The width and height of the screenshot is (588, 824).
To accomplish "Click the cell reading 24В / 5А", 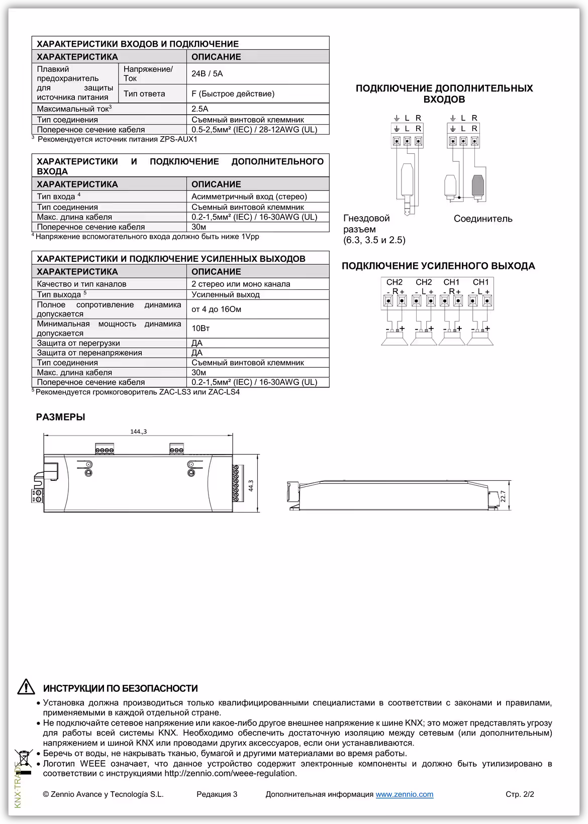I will [207, 74].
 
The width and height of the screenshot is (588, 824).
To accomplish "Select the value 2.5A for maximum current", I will [200, 109].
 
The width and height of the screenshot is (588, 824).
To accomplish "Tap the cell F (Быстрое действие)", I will [233, 94].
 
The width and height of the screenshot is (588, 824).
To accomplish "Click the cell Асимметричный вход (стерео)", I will [249, 196].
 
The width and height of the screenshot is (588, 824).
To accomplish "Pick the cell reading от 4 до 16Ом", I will [216, 309].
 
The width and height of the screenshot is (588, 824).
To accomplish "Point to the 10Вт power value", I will [201, 329].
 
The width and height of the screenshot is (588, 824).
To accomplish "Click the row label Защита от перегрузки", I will [78, 343].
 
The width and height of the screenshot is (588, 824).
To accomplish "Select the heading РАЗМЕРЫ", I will [60, 417].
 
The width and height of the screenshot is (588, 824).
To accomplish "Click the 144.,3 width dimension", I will [138, 432].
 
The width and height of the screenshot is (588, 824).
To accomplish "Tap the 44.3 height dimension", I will [251, 486].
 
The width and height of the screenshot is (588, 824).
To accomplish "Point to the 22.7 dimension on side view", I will [503, 496].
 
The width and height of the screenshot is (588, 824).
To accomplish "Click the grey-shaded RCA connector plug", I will [478, 185].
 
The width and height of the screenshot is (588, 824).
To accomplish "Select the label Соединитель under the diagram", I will [483, 219].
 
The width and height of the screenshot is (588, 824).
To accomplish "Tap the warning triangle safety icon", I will [26, 687].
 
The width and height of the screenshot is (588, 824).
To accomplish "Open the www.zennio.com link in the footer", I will [404, 794].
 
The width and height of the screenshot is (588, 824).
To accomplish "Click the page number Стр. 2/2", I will [520, 794].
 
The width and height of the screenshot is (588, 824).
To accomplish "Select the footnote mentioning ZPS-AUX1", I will [117, 139].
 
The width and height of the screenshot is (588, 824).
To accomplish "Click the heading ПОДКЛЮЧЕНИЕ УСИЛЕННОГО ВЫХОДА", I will [438, 266].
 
